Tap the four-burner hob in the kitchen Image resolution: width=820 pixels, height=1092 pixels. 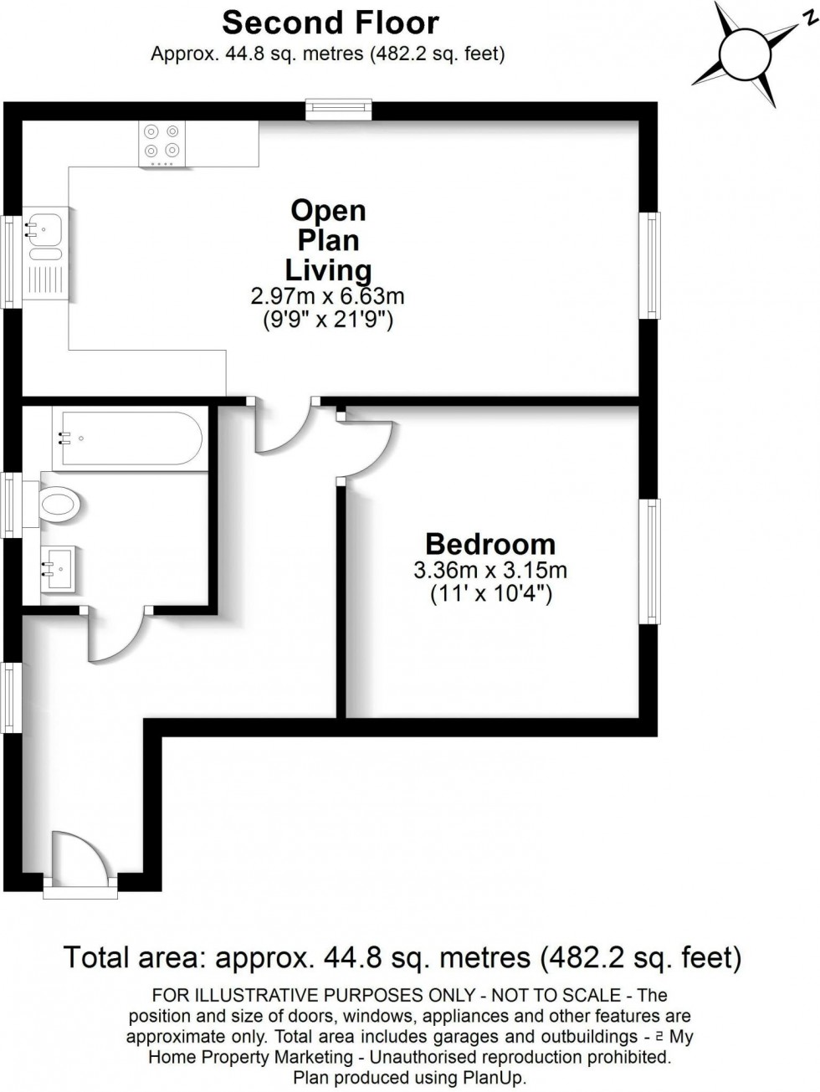[162, 141]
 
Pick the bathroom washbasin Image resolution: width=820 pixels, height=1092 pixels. [58, 570]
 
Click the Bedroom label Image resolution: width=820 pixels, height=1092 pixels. [489, 544]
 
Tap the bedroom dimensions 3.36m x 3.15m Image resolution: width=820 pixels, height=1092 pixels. [490, 572]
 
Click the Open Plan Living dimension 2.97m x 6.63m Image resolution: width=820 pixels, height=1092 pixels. [328, 295]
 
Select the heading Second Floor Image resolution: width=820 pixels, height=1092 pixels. [331, 22]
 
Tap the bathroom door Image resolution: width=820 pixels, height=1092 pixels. [115, 636]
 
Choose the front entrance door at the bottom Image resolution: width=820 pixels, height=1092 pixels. [79, 858]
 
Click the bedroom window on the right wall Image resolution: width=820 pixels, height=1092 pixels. [649, 561]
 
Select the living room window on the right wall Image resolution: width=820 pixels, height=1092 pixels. [650, 265]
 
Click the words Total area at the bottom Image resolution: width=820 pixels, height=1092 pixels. [136, 956]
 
